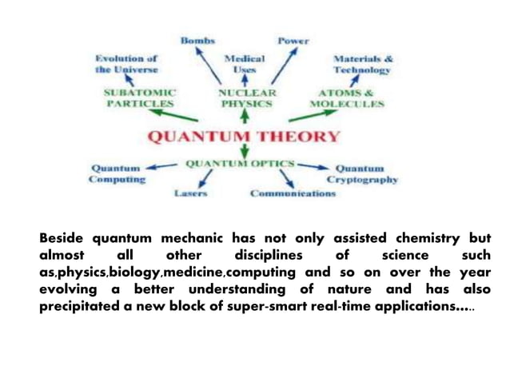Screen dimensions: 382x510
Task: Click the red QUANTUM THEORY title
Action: click(x=244, y=136)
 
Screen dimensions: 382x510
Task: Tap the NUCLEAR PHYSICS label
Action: click(x=246, y=98)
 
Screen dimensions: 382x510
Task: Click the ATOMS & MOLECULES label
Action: click(x=346, y=98)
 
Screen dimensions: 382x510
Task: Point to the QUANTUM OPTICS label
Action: click(x=239, y=164)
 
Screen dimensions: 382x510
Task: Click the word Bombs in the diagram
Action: click(x=197, y=40)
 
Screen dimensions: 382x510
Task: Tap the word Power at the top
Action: click(x=293, y=40)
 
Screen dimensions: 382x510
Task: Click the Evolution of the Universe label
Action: click(x=126, y=64)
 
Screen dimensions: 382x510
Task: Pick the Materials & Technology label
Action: click(x=362, y=64)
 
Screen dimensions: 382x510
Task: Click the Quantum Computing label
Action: click(x=118, y=174)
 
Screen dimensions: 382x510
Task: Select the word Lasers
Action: click(x=191, y=193)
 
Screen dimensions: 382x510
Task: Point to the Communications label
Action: click(x=293, y=193)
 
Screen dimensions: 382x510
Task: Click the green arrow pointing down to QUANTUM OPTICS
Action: click(x=245, y=151)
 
